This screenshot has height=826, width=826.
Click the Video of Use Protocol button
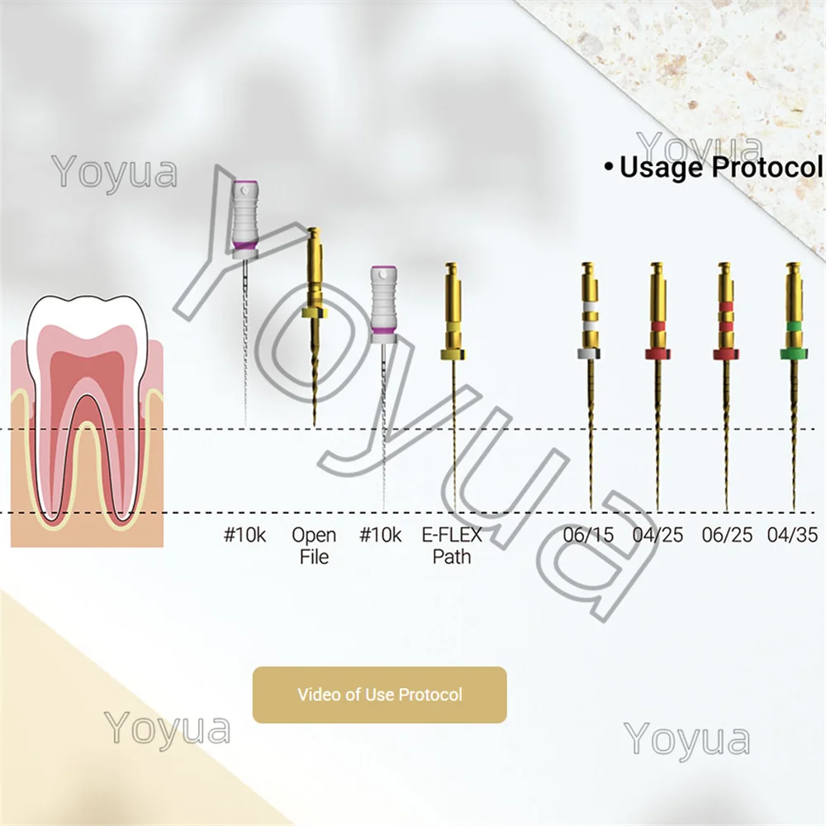(x=379, y=695)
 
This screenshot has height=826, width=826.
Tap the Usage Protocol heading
(x=720, y=168)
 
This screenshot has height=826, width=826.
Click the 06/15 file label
(x=588, y=535)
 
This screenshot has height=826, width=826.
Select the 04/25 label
(x=657, y=535)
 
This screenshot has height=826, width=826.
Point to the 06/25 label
(x=727, y=535)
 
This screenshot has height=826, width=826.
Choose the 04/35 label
(x=792, y=535)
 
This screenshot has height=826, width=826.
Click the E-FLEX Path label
(x=451, y=546)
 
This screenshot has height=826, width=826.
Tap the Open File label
(x=314, y=546)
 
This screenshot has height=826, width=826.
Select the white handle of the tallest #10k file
(x=245, y=211)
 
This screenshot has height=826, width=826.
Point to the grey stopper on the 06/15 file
(x=588, y=354)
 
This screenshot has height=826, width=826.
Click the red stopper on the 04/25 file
(x=657, y=354)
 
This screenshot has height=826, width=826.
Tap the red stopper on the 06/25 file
(x=725, y=354)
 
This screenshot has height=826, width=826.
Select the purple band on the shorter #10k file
(x=382, y=334)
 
